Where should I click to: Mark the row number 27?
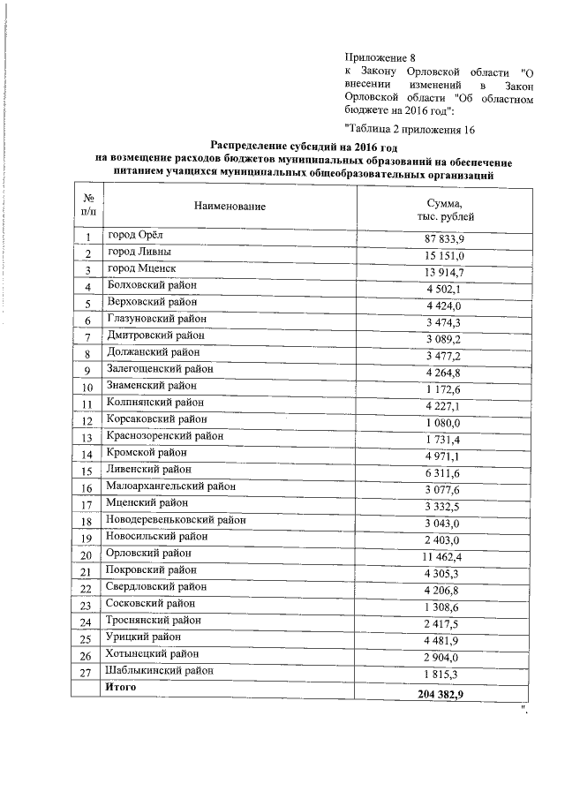point(87,672)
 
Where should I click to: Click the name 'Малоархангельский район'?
point(171,486)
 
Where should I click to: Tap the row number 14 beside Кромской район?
point(87,456)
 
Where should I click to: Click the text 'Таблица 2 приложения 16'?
point(410,129)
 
